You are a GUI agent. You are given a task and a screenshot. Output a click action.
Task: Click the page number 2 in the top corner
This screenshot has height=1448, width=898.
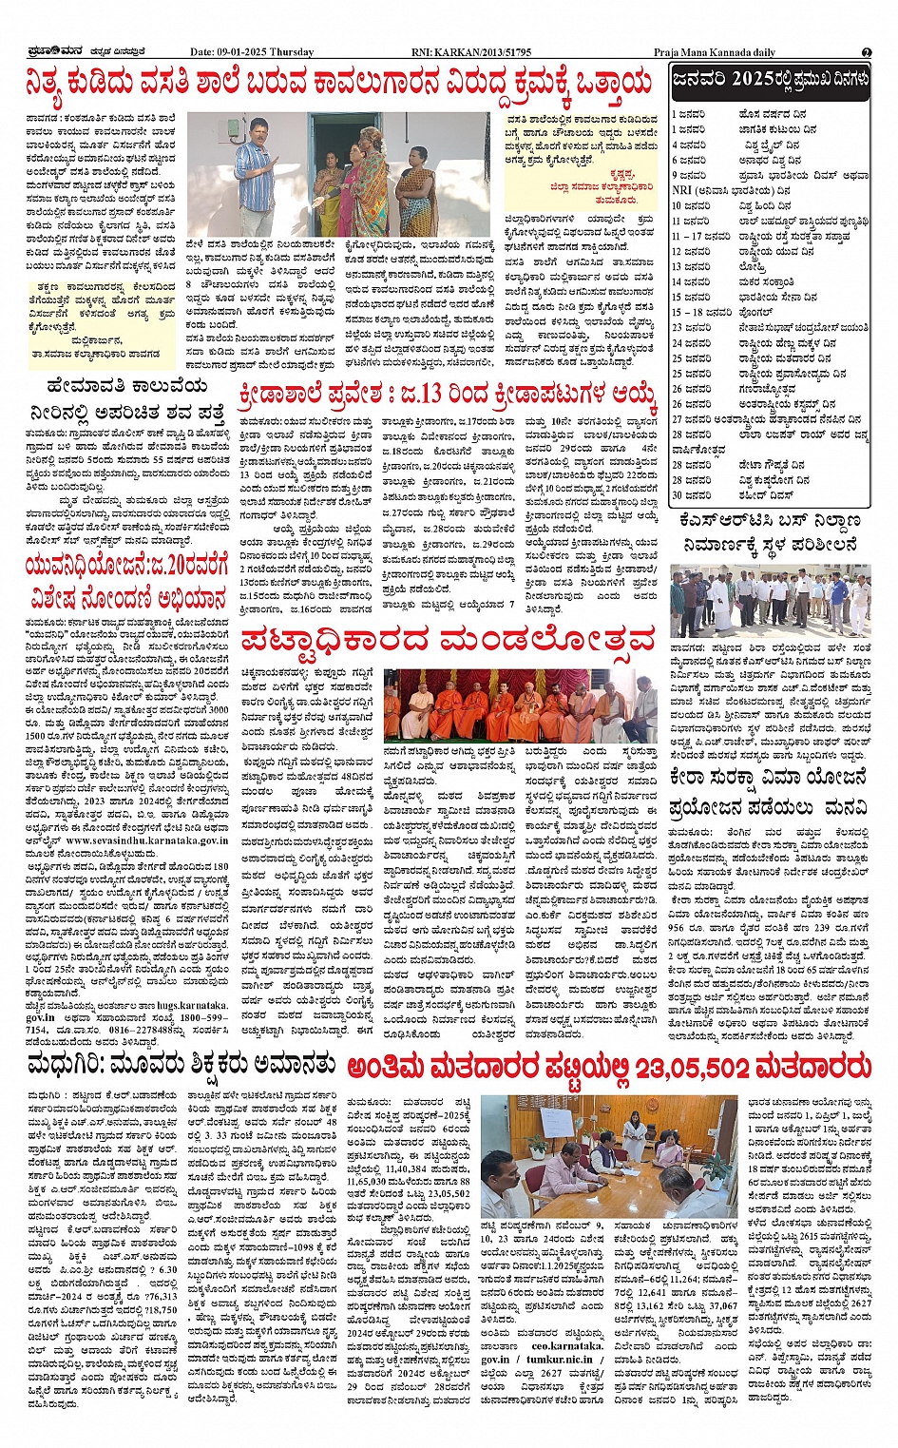pyautogui.click(x=867, y=52)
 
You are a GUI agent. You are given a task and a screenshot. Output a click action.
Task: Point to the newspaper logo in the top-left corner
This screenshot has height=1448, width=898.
pyautogui.click(x=57, y=51)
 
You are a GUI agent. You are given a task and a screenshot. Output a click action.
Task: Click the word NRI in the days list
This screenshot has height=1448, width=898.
pyautogui.click(x=680, y=190)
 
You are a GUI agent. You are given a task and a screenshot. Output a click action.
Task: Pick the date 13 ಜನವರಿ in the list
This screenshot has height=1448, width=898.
pyautogui.click(x=691, y=267)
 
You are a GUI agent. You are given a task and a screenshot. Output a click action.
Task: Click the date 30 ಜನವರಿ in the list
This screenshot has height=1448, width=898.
pyautogui.click(x=691, y=495)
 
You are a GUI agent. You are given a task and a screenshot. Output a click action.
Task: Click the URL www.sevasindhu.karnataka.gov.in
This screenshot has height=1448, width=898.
pyautogui.click(x=146, y=840)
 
